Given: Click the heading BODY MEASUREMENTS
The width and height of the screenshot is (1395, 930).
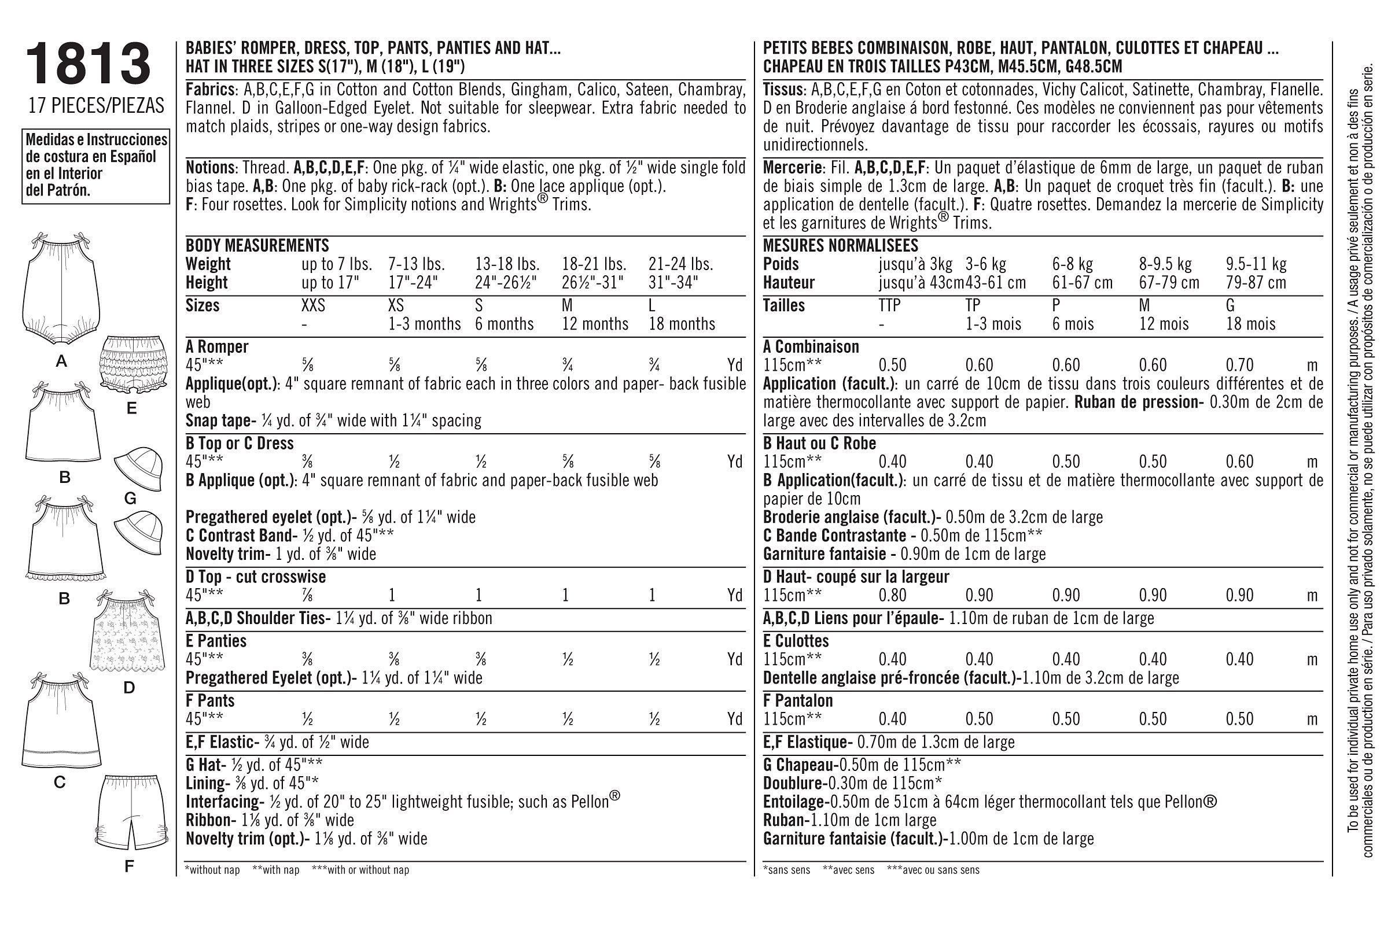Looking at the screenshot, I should [x=257, y=246].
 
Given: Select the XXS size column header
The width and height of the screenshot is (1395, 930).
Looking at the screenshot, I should [x=314, y=306].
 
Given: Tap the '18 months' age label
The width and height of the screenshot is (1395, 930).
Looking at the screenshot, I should [x=682, y=324].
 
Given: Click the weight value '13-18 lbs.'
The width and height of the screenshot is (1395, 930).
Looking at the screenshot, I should [x=507, y=264].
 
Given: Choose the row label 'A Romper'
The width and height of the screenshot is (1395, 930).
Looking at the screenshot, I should [x=217, y=346].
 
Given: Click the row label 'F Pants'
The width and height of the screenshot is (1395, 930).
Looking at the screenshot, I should [x=210, y=700].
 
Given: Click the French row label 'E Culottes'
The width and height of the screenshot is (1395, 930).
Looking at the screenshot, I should [x=796, y=641].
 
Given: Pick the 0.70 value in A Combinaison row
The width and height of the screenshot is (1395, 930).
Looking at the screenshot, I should [x=1239, y=365].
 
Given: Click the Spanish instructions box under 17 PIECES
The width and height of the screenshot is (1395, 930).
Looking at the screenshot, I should [x=95, y=166].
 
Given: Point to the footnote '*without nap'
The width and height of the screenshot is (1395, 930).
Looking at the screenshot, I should [x=212, y=870].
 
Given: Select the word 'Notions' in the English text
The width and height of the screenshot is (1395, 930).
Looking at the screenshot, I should [x=210, y=168].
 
